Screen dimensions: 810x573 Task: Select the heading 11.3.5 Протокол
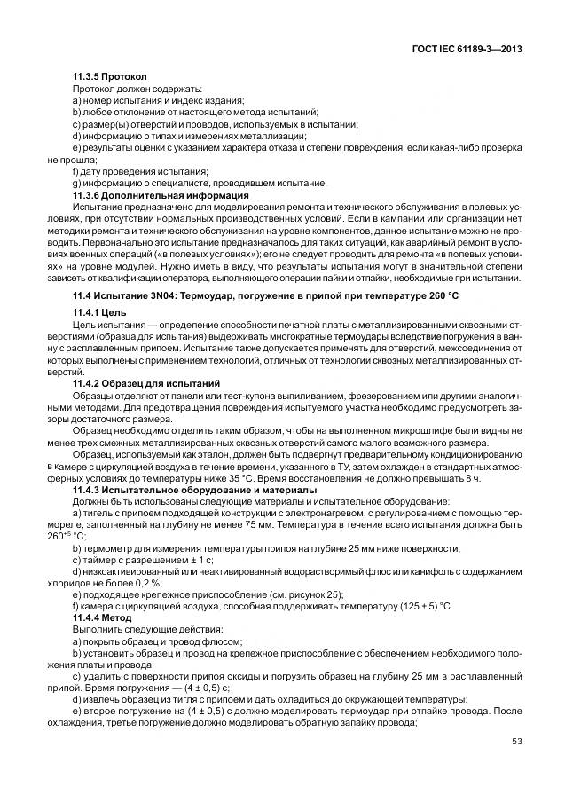pyautogui.click(x=108, y=77)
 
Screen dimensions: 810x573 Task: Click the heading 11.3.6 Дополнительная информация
pyautogui.click(x=160, y=194)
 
